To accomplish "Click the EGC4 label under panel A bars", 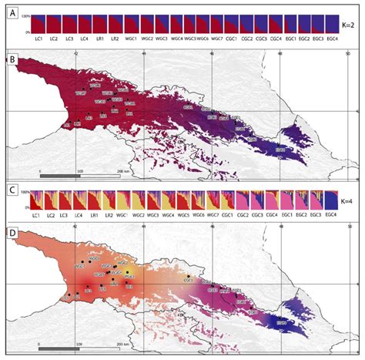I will pyautogui.click(x=332, y=37).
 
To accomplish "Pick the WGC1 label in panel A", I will pyautogui.click(x=130, y=37).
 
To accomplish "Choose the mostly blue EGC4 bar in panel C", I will pyautogui.click(x=332, y=201).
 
